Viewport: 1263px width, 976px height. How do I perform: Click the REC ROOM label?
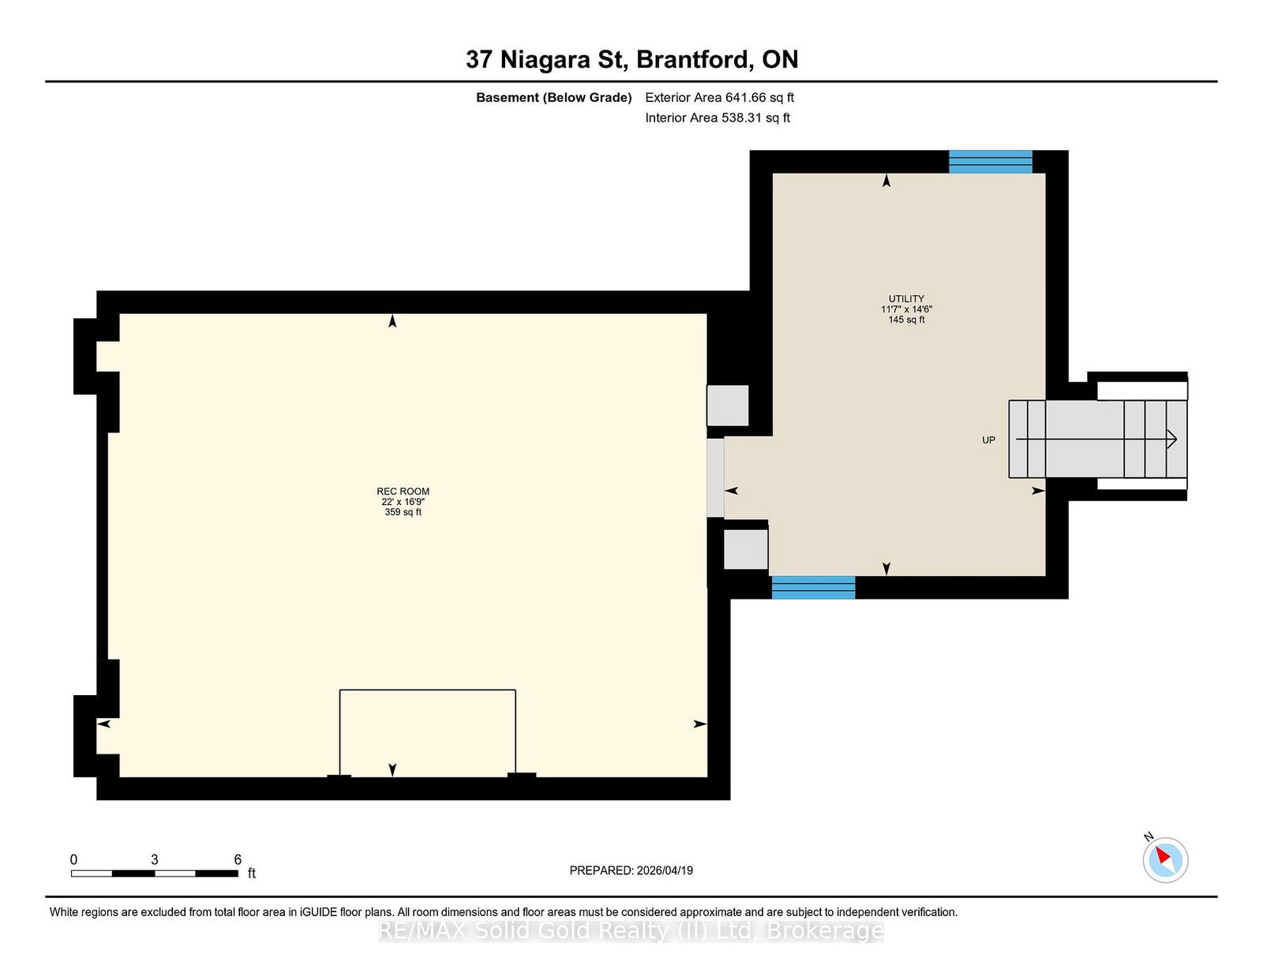403,492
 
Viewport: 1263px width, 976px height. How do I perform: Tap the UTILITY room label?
906,299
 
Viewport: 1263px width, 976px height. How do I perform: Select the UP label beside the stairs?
988,440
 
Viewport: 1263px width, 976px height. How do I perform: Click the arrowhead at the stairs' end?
1171,439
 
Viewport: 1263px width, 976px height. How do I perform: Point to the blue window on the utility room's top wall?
991,162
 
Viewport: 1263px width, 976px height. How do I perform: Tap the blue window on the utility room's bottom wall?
813,587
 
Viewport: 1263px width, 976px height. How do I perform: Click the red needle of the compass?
1163,855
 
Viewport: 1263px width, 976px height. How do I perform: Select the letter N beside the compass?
1149,836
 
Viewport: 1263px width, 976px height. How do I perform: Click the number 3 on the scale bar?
155,860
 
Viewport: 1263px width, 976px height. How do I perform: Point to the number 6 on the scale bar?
238,860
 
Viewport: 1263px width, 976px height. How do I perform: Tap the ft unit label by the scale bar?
252,873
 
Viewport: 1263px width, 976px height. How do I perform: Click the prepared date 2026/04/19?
665,870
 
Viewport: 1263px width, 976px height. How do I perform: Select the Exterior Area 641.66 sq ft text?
720,98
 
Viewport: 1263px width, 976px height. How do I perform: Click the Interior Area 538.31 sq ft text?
718,118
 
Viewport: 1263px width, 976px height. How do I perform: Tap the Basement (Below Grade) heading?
554,98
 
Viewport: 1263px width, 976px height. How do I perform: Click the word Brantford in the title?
692,59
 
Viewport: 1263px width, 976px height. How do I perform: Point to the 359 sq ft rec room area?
403,512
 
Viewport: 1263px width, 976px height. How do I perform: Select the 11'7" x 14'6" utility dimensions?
906,309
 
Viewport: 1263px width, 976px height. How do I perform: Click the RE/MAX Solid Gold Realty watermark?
631,931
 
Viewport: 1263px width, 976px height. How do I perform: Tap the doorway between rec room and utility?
715,477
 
